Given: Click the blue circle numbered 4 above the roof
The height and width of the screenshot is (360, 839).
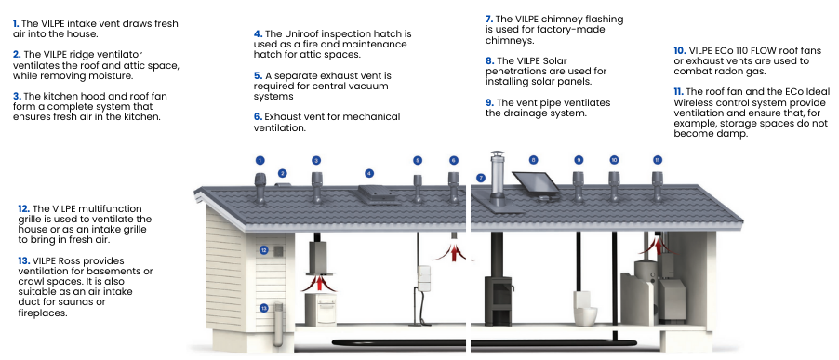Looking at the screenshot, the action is pos(369,173).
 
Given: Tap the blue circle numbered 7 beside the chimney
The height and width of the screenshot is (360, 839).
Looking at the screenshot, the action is pos(481,178).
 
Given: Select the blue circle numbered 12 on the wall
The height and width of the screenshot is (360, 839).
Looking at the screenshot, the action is pos(264,250).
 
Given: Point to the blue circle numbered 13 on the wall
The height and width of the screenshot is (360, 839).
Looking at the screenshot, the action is pos(264,308).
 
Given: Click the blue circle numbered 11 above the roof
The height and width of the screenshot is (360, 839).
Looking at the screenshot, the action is pos(658,160).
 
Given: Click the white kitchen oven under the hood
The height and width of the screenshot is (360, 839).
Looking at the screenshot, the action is pos(320,309).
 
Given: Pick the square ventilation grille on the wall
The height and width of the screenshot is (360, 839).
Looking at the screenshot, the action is pos(278,251).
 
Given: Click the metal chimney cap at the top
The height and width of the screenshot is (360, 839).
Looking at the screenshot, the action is pos(498,155).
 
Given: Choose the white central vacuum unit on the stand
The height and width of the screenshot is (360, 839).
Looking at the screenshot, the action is pos(424,278).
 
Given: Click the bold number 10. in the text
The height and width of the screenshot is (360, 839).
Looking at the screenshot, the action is pos(680,51).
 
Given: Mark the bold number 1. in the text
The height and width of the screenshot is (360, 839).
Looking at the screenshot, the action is pos(16,23).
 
